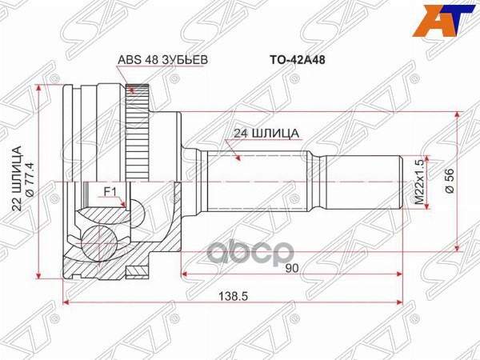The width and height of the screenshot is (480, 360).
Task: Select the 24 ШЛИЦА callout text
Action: (266, 134)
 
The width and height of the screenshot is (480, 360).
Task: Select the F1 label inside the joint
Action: (111, 191)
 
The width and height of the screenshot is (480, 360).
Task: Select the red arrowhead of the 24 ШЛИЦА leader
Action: (238, 160)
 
